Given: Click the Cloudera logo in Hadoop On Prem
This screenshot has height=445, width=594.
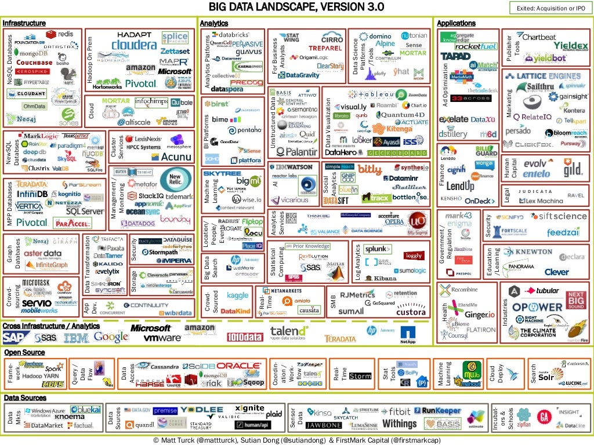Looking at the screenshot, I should coord(133,45).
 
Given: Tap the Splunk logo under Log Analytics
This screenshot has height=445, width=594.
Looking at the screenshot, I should coord(378,249).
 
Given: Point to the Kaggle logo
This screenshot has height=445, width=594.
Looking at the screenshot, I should coord(237,295).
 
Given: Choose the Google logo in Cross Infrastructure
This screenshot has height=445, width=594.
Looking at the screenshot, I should coord(111,336).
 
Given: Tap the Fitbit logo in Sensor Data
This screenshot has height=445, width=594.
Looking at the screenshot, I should coord(396,412).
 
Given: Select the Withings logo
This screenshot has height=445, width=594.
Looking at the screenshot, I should coord(399,424).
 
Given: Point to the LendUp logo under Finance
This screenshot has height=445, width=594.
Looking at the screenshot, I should coord(460,186).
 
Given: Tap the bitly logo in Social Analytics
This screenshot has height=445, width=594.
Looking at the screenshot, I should coord(370,169).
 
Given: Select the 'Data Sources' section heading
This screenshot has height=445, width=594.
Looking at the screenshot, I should coord(25,398).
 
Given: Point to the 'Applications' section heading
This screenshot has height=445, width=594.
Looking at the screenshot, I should coord(456,23).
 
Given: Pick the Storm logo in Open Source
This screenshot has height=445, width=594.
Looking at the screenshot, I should coord(360,376).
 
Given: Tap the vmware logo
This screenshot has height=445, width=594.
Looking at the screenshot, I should coord(162,338).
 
